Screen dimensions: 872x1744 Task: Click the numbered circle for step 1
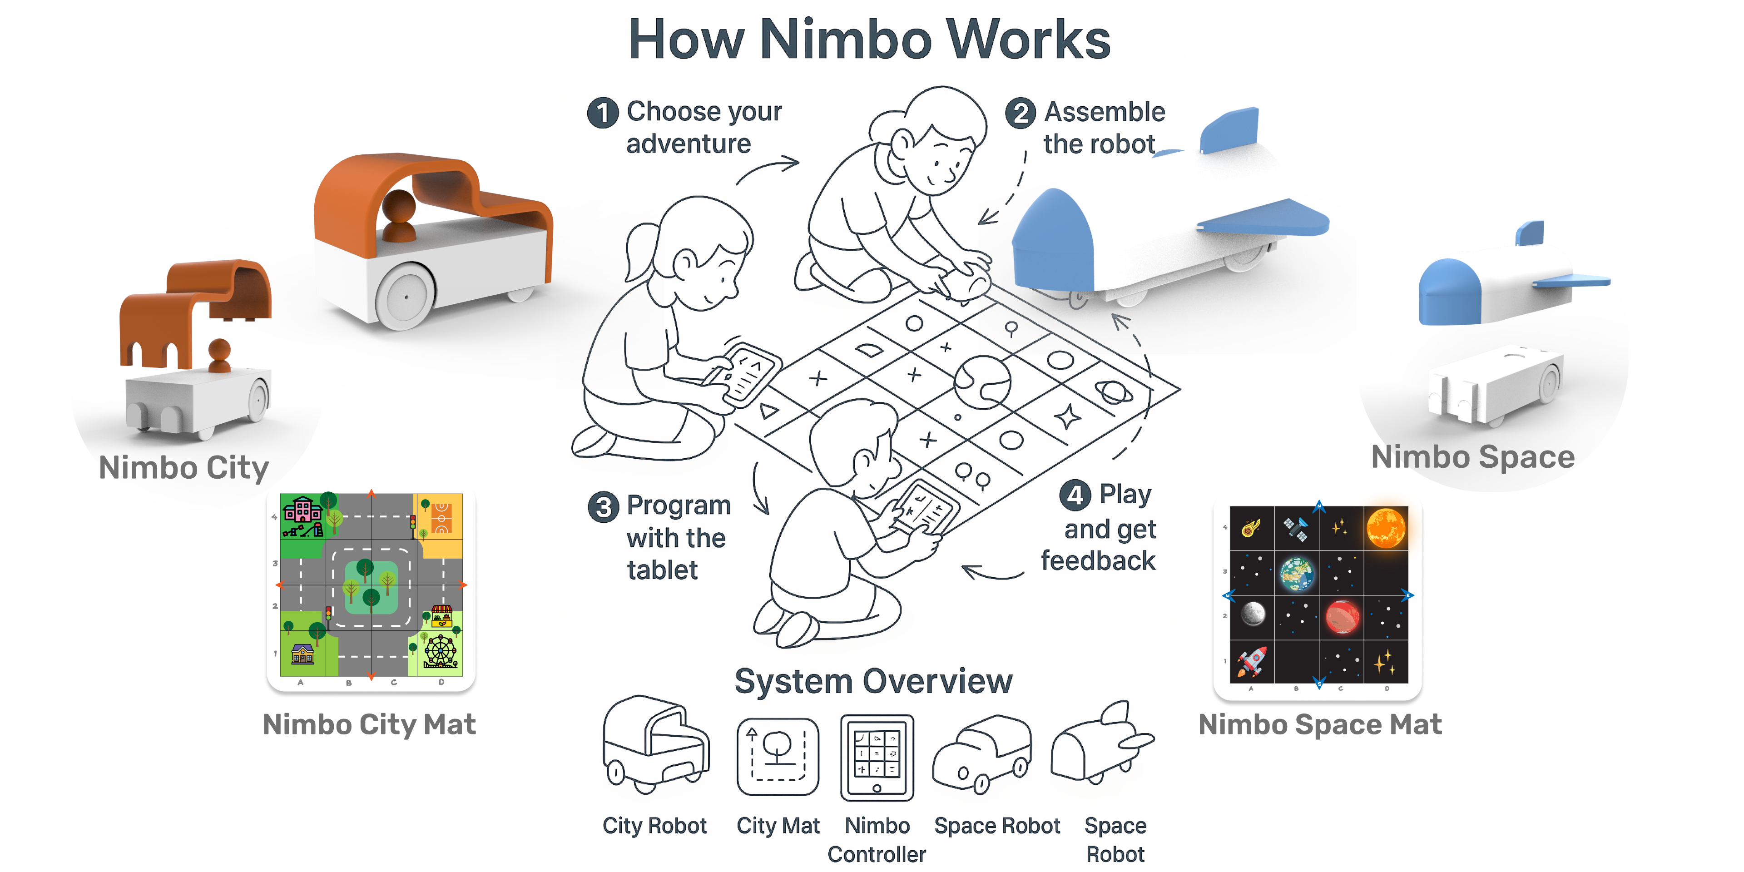point(602,113)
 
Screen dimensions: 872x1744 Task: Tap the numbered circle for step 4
point(1075,495)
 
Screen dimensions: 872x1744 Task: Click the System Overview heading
point(873,681)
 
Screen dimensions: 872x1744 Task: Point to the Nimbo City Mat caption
point(369,724)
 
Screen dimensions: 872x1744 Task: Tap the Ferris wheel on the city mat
point(441,651)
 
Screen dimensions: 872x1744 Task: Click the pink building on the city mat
point(302,510)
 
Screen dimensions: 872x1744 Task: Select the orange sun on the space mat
point(1385,527)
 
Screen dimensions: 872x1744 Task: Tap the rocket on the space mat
point(1252,660)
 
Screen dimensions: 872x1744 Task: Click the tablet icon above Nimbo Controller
point(877,757)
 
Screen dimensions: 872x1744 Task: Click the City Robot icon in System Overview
point(654,745)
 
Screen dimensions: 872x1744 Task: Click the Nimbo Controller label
point(877,839)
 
